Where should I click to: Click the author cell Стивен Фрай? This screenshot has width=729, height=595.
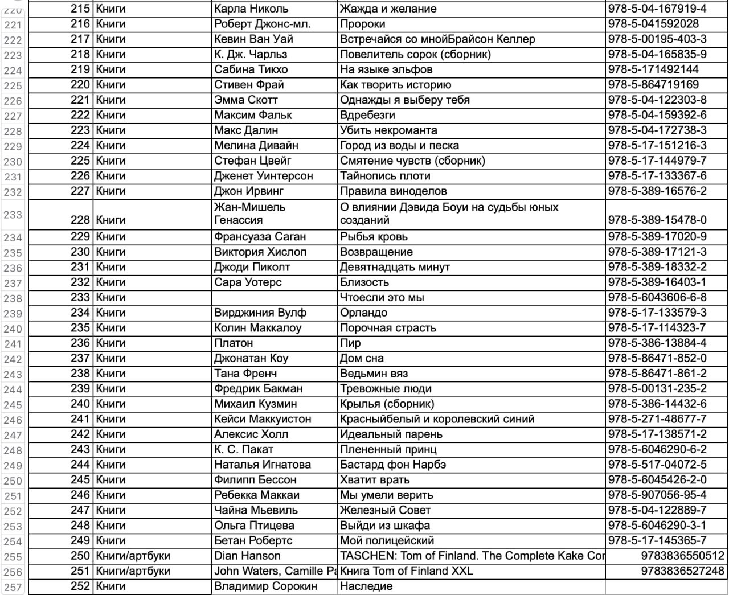coord(249,85)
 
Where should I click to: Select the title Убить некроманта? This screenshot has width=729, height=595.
coord(388,130)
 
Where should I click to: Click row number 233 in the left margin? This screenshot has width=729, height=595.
coord(13,215)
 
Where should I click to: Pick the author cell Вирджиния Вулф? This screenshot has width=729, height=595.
coord(260,313)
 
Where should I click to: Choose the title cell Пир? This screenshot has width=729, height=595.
coord(350,343)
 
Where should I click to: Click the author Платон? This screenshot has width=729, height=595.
coord(234,343)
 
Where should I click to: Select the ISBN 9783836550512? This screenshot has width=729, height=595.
coord(682,556)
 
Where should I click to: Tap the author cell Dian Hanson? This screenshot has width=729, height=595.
coord(247,556)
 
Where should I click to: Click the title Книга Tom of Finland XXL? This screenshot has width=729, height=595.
coord(406,571)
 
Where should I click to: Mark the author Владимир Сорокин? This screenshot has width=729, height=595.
coord(265,586)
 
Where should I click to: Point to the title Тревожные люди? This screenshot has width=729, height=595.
coord(386,389)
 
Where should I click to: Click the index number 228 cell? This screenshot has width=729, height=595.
coord(80,220)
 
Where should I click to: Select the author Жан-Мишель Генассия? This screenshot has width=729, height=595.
coord(249,214)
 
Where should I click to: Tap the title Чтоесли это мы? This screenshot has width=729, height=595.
coord(382,298)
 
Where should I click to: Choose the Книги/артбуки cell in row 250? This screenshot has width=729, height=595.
coord(133,556)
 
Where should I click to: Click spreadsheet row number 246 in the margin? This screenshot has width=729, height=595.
coord(13,420)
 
